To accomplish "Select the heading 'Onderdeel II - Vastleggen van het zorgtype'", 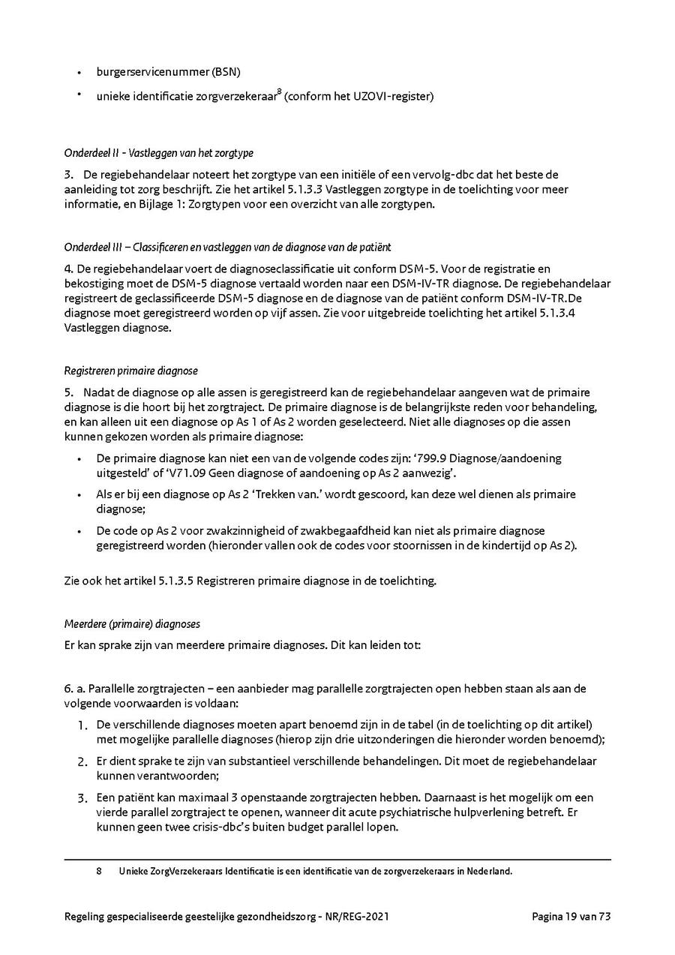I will coord(159,153).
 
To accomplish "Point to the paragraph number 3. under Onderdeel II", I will coord(69,174).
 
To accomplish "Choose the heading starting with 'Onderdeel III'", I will coord(227,247).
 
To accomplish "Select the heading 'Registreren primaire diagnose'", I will coord(131,371).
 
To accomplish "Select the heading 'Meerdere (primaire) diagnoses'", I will coord(132,624).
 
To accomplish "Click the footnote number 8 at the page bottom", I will coord(99,871).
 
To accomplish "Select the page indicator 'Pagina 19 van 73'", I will coord(571,916).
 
